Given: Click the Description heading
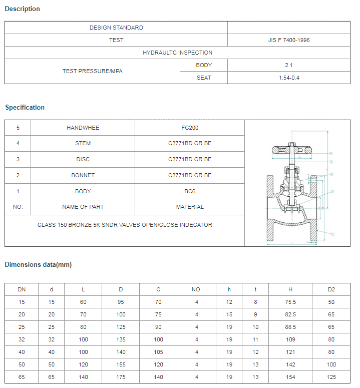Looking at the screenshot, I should click(x=23, y=9).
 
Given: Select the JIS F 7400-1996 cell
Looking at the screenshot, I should click(x=288, y=40).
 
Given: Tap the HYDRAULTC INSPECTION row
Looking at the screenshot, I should click(x=177, y=53).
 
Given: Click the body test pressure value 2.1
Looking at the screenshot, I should click(x=288, y=65).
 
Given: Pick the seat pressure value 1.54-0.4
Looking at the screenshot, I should click(x=289, y=78).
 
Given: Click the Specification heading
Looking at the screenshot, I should click(x=25, y=107).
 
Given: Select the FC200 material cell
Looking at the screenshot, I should click(x=190, y=128).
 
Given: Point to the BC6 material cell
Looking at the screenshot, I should click(x=190, y=191).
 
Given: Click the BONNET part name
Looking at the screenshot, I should click(x=83, y=175).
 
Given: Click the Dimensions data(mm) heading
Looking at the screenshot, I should click(x=38, y=264).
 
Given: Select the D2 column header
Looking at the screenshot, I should click(x=331, y=289).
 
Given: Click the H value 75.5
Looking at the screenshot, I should click(x=290, y=302).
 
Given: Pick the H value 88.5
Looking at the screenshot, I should click(x=290, y=327).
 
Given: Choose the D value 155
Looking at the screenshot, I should click(x=121, y=364).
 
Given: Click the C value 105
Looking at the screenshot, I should click(x=159, y=352).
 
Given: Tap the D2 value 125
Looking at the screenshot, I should click(x=331, y=377).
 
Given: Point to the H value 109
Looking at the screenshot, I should click(x=290, y=339).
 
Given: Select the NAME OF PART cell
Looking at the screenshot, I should click(x=83, y=207).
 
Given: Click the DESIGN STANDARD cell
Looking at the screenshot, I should click(x=116, y=28).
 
